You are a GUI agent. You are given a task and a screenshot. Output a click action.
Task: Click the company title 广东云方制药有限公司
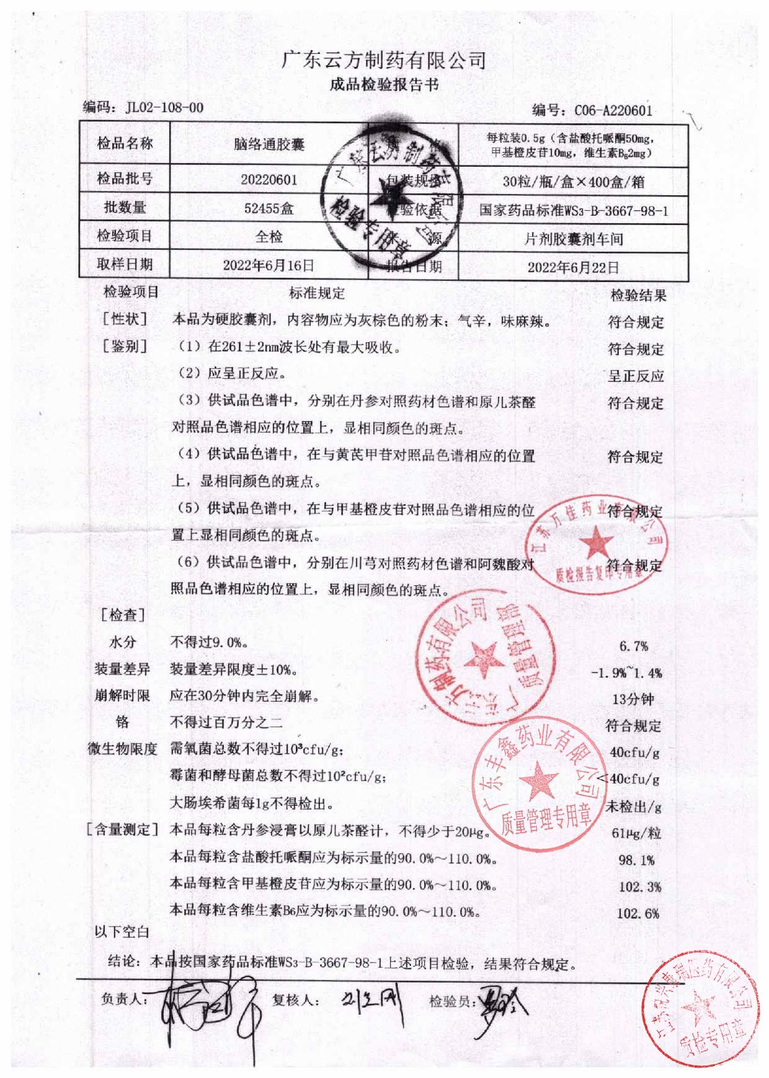[x=384, y=60]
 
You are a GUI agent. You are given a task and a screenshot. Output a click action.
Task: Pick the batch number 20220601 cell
[x=269, y=180]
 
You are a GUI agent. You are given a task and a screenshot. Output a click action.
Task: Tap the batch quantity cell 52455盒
[x=269, y=208]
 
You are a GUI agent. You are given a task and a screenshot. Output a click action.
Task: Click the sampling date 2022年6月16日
[x=269, y=265]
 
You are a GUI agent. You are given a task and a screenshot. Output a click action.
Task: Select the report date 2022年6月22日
[x=573, y=267]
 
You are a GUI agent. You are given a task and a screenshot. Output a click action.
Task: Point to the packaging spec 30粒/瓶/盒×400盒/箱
[x=573, y=182]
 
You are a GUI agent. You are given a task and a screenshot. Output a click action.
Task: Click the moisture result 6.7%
[x=634, y=646]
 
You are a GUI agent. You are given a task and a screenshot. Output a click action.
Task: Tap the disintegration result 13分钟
[x=633, y=699]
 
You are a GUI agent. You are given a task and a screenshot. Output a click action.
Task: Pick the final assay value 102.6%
[x=638, y=913]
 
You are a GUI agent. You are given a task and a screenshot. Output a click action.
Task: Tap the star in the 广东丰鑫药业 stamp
[x=537, y=778]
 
